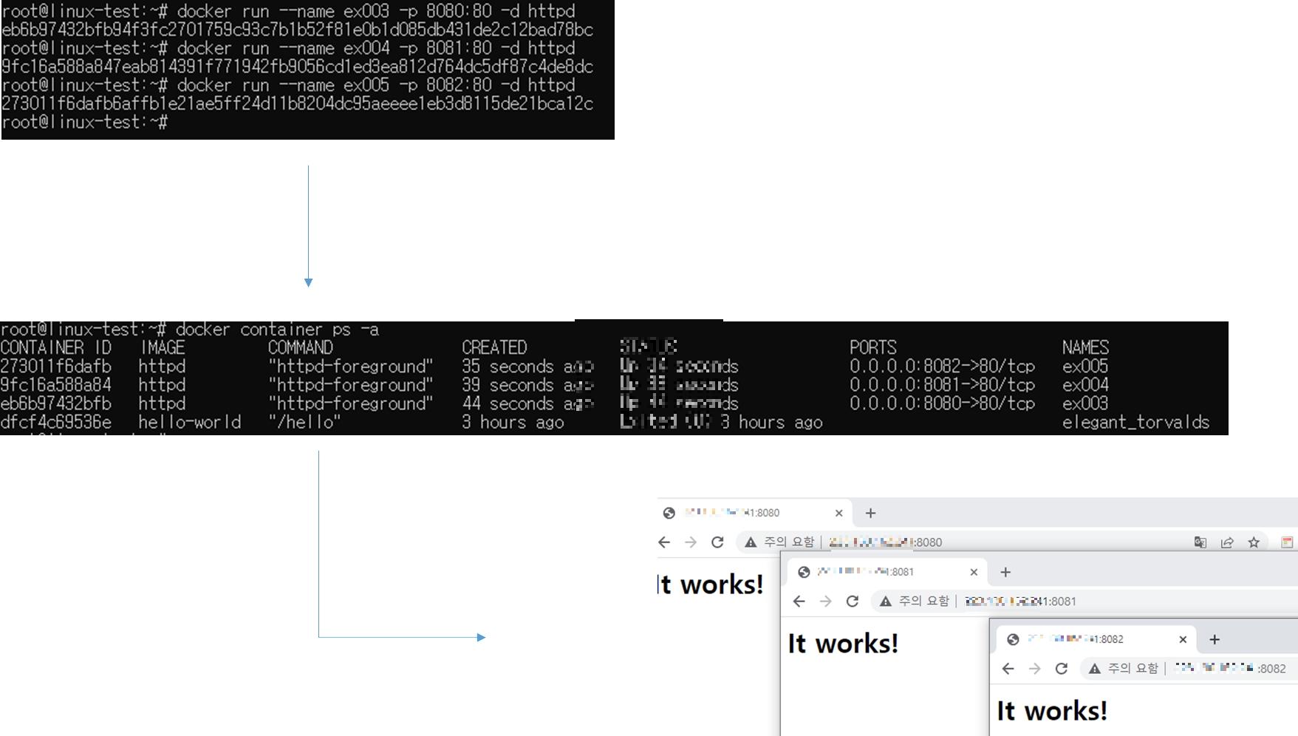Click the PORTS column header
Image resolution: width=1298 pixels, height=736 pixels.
click(872, 347)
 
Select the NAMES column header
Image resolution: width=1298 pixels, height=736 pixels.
click(1085, 347)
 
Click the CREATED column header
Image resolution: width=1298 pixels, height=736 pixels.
click(494, 347)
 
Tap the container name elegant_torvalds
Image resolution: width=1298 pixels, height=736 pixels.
click(1135, 422)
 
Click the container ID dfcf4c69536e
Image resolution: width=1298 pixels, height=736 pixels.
click(56, 422)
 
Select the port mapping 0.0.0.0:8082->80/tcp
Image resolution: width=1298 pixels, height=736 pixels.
click(942, 366)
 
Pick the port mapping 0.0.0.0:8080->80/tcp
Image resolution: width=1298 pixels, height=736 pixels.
click(942, 403)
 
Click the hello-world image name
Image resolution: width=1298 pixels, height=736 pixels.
click(190, 422)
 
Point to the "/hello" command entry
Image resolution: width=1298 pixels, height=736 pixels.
click(304, 422)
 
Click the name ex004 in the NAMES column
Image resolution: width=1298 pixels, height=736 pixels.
click(1085, 385)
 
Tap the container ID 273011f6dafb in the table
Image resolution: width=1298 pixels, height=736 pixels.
click(56, 366)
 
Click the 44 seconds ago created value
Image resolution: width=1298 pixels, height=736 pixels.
click(527, 403)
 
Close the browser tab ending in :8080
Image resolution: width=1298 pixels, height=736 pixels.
click(838, 513)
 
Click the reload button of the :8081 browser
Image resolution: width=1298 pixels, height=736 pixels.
click(853, 602)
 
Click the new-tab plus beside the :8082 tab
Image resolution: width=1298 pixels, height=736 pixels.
click(1215, 639)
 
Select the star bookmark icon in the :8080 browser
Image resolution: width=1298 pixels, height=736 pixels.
click(1254, 542)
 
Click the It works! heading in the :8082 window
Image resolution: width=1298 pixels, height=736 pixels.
click(1052, 711)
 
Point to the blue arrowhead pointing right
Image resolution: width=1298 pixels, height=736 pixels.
click(482, 637)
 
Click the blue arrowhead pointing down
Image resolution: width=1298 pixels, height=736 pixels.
click(309, 283)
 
